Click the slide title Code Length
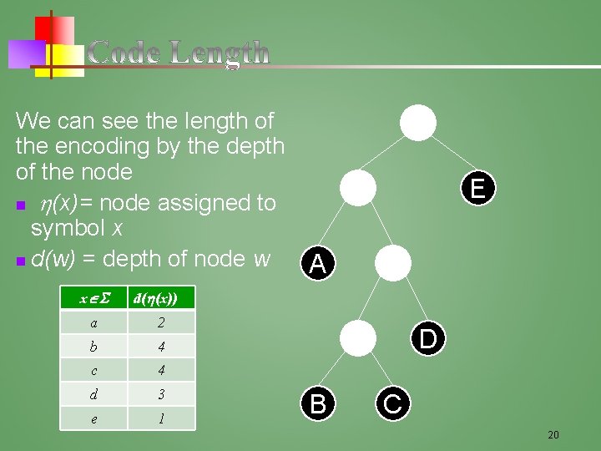click(x=179, y=53)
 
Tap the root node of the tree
click(x=417, y=123)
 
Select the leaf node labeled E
click(x=477, y=188)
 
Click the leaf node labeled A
click(x=317, y=265)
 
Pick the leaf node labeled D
click(x=427, y=339)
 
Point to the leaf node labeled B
click(x=317, y=404)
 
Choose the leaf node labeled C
click(x=392, y=404)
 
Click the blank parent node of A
click(x=360, y=188)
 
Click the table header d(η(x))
click(x=160, y=298)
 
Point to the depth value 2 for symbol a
click(x=160, y=322)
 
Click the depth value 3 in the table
click(x=160, y=393)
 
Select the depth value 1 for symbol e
click(x=160, y=418)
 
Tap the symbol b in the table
click(x=93, y=346)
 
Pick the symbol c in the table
click(x=93, y=370)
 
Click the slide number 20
click(x=553, y=434)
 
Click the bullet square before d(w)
click(x=20, y=262)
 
